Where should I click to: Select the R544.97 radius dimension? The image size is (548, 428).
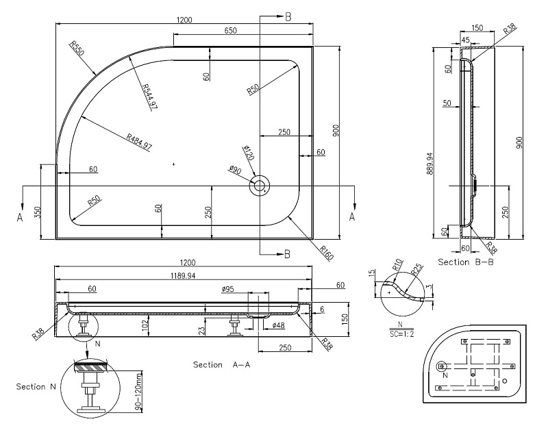[150, 97]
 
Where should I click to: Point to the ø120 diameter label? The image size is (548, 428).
[248, 153]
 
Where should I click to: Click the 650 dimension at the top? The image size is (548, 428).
[230, 31]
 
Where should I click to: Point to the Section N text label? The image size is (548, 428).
[36, 387]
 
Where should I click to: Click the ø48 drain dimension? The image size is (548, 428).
[278, 325]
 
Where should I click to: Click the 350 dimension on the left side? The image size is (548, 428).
[38, 212]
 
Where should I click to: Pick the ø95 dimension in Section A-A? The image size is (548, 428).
[228, 290]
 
